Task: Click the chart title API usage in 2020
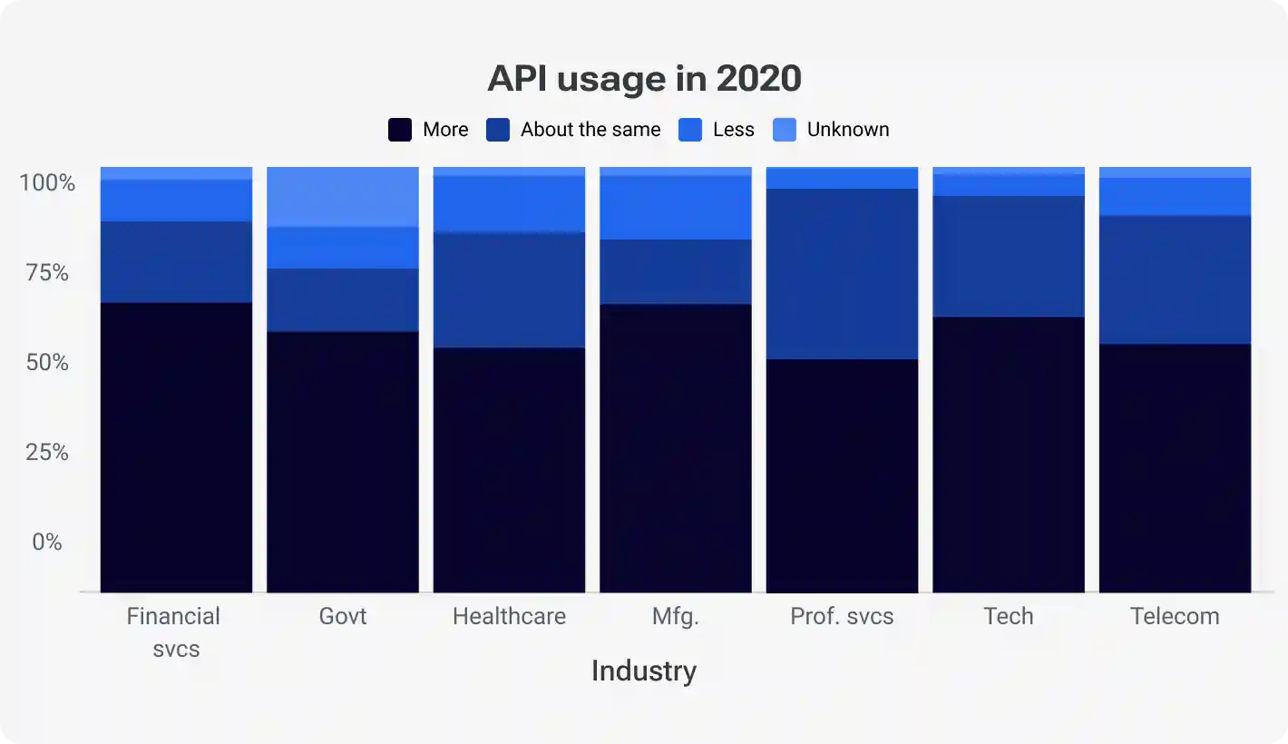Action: tap(644, 79)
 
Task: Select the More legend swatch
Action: tap(400, 130)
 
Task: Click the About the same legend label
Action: tap(590, 130)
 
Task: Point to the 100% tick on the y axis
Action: tap(47, 183)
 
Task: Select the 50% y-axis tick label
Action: tap(47, 363)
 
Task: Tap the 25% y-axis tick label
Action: tap(47, 453)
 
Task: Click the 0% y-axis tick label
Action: tap(47, 543)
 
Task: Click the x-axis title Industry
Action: tap(644, 671)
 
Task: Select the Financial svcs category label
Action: tap(174, 632)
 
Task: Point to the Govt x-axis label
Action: tap(343, 617)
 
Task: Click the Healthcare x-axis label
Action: tap(509, 617)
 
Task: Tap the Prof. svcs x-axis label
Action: tap(842, 617)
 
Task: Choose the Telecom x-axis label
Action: tap(1175, 617)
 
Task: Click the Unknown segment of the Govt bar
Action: tap(343, 197)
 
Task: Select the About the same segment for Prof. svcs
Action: tap(842, 274)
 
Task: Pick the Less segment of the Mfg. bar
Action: tap(676, 208)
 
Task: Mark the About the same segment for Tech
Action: tap(1009, 257)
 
